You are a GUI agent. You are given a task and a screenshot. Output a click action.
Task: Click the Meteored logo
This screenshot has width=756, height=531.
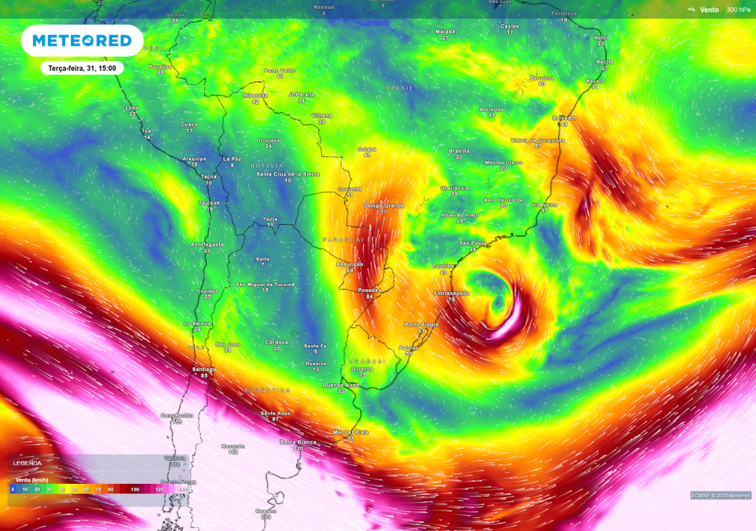(x=81, y=41)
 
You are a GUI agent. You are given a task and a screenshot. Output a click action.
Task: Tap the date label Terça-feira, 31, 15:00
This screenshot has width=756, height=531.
(x=81, y=68)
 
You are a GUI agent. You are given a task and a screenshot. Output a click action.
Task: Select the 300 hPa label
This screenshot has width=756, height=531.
(x=738, y=10)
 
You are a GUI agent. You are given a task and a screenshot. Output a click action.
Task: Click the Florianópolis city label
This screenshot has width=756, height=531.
(x=451, y=294)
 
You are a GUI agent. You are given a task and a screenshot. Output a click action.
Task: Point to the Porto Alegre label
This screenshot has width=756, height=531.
(x=422, y=324)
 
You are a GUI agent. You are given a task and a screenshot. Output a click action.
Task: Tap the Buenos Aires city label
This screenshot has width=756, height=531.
(x=341, y=385)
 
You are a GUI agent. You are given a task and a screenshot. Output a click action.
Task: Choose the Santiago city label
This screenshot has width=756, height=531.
(x=204, y=369)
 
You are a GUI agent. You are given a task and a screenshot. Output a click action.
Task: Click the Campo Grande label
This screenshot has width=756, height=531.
(x=384, y=206)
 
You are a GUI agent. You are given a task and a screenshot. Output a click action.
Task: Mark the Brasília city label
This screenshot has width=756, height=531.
(x=459, y=151)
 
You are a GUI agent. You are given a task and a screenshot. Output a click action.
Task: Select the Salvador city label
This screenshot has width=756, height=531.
(x=564, y=118)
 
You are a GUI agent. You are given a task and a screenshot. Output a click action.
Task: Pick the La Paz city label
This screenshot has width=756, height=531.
(x=232, y=159)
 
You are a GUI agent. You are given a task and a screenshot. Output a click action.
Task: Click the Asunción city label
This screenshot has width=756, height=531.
(x=350, y=264)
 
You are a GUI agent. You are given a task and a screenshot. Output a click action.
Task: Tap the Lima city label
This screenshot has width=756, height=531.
(x=132, y=108)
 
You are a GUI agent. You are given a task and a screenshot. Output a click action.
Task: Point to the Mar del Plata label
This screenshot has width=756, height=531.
(x=351, y=432)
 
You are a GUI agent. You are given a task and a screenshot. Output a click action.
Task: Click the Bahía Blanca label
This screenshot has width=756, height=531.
(x=298, y=442)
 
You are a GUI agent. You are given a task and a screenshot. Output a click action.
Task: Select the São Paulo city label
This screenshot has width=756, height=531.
(x=473, y=243)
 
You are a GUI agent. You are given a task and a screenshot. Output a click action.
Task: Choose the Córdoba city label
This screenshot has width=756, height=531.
(x=276, y=342)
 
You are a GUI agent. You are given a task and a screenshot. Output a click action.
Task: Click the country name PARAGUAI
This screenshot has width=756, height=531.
(x=344, y=240)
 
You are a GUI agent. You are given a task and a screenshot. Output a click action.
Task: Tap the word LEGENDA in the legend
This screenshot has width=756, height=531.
(x=27, y=463)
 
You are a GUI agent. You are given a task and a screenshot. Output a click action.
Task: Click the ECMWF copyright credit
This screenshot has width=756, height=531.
(x=721, y=495)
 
